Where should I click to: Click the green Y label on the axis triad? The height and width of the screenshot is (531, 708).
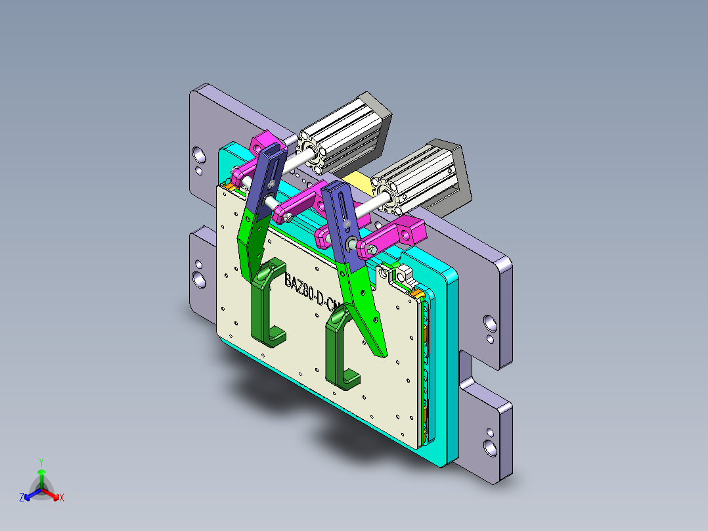coord(41,461)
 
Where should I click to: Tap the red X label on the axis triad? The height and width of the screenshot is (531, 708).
coord(61,497)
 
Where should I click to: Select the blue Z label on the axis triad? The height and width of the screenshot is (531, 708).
coord(22,497)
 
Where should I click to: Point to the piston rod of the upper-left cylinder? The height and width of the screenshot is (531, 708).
coord(296,158)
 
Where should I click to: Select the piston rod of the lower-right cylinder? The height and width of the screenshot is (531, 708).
coord(367,203)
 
